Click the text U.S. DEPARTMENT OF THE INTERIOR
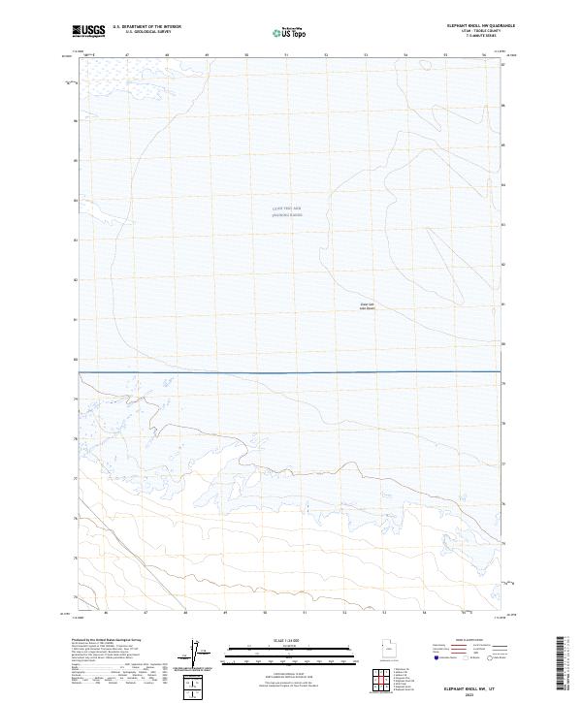point(146,27)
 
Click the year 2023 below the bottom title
point(472,691)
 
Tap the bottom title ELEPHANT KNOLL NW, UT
point(472,685)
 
